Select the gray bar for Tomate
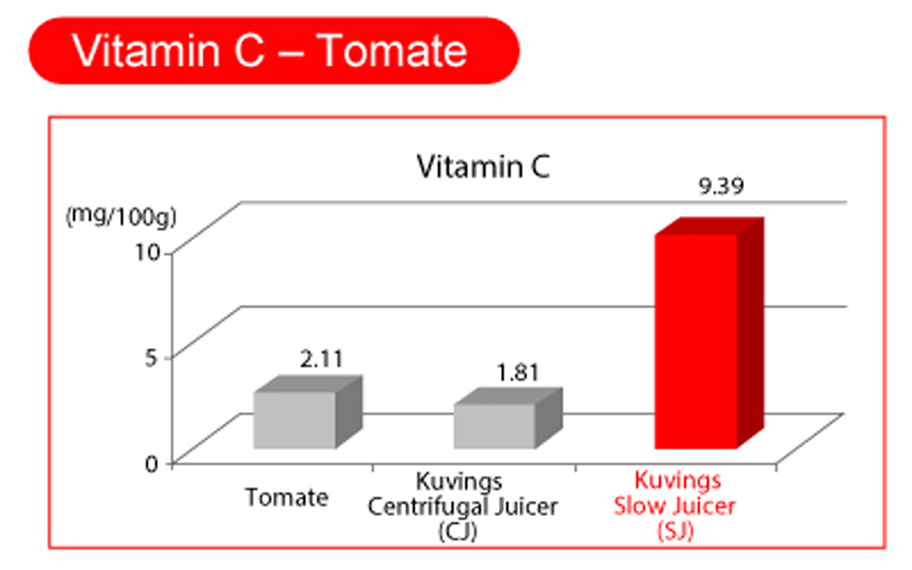(294, 420)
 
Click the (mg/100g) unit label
(121, 218)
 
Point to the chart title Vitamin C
(483, 169)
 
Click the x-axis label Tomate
(287, 499)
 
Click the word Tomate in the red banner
(392, 52)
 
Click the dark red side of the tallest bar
(750, 334)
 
